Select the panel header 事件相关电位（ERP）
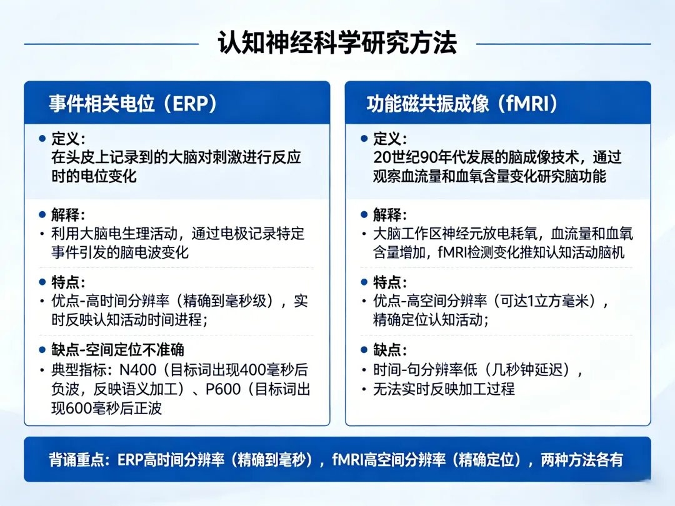[x=132, y=104]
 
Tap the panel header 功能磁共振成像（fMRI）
[x=462, y=104]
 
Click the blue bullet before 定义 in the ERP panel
[x=42, y=138]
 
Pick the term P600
[x=223, y=389]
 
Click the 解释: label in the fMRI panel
[x=389, y=214]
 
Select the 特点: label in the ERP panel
[x=68, y=282]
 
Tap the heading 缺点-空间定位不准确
[x=117, y=349]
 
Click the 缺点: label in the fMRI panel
[x=389, y=349]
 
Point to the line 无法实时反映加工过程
[x=444, y=389]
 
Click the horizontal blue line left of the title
[x=111, y=44]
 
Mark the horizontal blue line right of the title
[x=564, y=44]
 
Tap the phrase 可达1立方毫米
[x=544, y=300]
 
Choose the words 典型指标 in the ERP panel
[x=79, y=370]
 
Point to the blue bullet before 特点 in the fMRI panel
[x=364, y=282]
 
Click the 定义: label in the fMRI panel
[x=389, y=139]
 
